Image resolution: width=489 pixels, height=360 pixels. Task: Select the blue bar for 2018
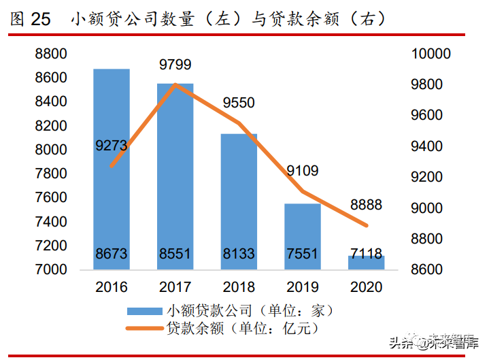(239, 197)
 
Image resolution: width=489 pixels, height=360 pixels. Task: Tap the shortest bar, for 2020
(366, 263)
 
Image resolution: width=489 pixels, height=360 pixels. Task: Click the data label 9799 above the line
(175, 65)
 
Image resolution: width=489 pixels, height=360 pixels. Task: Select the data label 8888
(366, 205)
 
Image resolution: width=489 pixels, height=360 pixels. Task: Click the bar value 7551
(302, 255)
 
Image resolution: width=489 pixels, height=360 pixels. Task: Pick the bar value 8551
(175, 255)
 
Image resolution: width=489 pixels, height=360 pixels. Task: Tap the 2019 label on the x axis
(302, 287)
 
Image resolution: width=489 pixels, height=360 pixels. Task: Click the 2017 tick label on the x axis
(175, 287)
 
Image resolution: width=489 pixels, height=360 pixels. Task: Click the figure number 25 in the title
(41, 19)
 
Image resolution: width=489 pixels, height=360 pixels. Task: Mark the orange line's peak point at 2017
(175, 85)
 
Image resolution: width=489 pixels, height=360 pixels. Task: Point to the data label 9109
(302, 171)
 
